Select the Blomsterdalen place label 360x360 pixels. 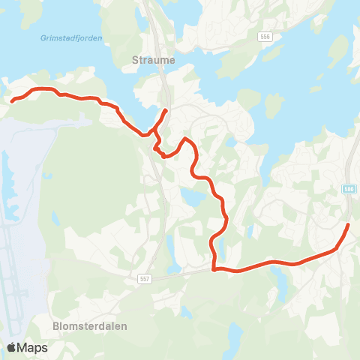(x=90, y=326)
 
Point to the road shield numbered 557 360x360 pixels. (x=145, y=278)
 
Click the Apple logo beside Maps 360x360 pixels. (x=12, y=347)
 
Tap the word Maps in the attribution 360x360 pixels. (x=32, y=348)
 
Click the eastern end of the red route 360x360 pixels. (x=349, y=224)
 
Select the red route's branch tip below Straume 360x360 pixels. (x=166, y=111)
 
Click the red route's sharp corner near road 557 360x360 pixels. (x=214, y=268)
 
